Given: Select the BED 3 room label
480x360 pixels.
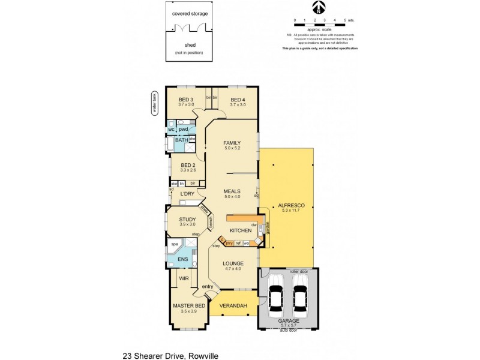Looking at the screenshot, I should [187, 100].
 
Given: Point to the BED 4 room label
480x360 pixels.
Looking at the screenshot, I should [238, 100].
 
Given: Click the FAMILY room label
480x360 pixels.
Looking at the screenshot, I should [232, 143].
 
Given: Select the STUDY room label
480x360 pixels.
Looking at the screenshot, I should [187, 220].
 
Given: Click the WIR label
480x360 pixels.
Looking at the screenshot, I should [184, 278].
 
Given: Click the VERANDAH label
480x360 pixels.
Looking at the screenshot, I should [233, 306].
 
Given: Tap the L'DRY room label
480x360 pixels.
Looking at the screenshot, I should [187, 194].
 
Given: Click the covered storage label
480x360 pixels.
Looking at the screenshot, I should [189, 13].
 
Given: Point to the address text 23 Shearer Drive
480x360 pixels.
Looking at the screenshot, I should [170, 355].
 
